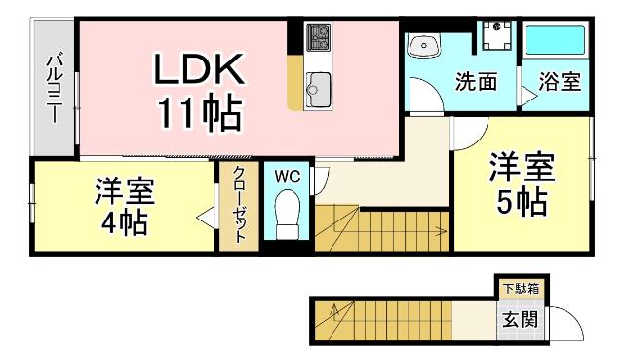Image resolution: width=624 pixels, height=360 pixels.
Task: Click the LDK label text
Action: (x=197, y=70)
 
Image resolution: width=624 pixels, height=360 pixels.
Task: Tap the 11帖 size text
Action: (x=201, y=114)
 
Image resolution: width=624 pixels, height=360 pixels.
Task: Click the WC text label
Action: (x=287, y=177)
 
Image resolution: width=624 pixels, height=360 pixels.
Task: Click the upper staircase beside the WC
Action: (x=380, y=228)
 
